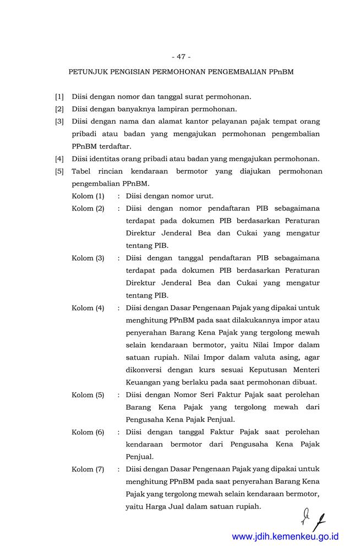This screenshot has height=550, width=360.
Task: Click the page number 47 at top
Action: pos(181,57)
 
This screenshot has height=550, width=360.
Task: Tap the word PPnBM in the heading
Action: pos(281,72)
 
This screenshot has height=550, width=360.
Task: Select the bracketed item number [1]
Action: pos(59,97)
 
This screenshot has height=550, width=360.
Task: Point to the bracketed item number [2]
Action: pos(59,109)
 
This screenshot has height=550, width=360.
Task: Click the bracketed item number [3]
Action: pos(59,122)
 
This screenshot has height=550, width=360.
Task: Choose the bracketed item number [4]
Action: pos(59,159)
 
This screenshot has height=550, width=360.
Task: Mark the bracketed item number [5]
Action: pos(59,172)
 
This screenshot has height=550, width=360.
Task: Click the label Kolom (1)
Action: pos(88,196)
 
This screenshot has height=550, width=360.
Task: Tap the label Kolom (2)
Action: pos(88,208)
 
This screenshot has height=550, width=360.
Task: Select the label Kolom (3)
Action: pos(88,258)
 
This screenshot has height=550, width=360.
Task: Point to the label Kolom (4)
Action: pos(88,308)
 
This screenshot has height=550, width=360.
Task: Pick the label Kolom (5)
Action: pos(88,395)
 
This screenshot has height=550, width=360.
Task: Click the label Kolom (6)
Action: pos(88,432)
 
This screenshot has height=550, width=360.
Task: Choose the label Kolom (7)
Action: pos(88,469)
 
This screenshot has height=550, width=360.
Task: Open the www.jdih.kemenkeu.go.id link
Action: pos(285,536)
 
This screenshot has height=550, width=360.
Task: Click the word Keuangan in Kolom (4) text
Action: pos(143,382)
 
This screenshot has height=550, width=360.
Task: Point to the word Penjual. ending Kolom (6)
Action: pos(139,457)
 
